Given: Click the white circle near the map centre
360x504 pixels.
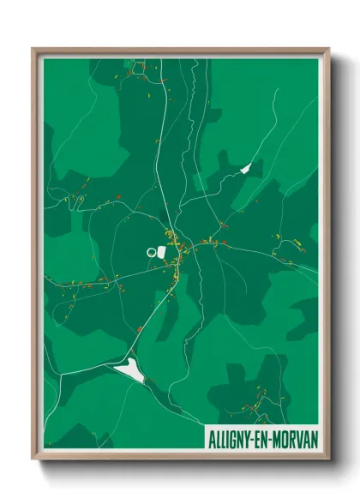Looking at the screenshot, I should point(152,252).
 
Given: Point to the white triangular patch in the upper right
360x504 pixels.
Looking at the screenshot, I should point(248,168).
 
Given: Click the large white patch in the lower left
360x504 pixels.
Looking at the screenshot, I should point(131,370).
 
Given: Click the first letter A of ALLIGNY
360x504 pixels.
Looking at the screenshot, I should point(211,437).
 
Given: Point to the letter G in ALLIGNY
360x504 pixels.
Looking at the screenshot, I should point(231,437).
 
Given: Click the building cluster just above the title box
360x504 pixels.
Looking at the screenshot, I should point(257,399).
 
